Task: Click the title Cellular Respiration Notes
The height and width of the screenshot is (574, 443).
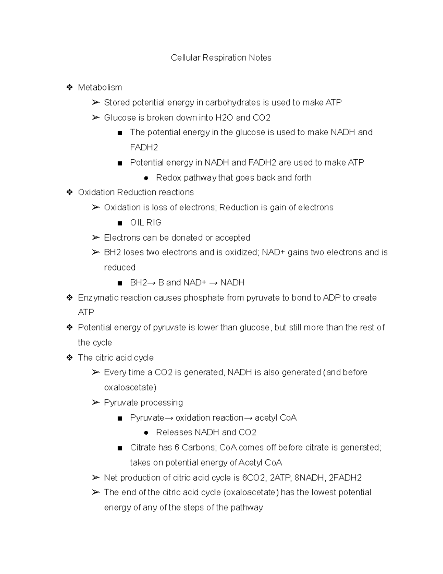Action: pyautogui.click(x=221, y=58)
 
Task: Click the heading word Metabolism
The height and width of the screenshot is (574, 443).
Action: pyautogui.click(x=100, y=88)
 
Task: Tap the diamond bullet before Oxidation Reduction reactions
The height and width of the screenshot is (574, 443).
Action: pyautogui.click(x=69, y=192)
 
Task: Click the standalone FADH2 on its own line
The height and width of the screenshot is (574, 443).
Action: pyautogui.click(x=144, y=147)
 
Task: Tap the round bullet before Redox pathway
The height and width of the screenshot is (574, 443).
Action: pyautogui.click(x=146, y=178)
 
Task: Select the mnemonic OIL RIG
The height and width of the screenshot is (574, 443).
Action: pyautogui.click(x=145, y=223)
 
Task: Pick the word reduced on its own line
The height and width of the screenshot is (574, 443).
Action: pyautogui.click(x=120, y=268)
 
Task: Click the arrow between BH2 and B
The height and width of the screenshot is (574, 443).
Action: pyautogui.click(x=152, y=283)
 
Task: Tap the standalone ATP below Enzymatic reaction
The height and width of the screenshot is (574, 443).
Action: pyautogui.click(x=86, y=313)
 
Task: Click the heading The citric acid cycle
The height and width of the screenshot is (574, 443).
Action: pyautogui.click(x=116, y=358)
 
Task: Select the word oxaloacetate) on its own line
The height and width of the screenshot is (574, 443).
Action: pyautogui.click(x=130, y=388)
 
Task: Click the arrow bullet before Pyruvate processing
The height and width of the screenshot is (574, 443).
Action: pyautogui.click(x=96, y=403)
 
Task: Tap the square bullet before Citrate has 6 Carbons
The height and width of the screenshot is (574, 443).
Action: pyautogui.click(x=119, y=448)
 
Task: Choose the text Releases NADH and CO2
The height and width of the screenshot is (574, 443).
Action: pyautogui.click(x=206, y=432)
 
